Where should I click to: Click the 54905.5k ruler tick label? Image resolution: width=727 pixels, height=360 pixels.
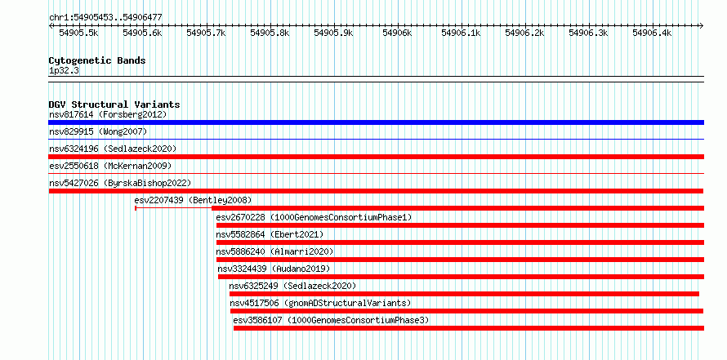pyautogui.click(x=78, y=33)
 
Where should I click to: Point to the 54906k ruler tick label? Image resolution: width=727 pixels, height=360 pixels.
pyautogui.click(x=397, y=33)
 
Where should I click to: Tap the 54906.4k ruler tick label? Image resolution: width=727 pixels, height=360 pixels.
pyautogui.click(x=652, y=33)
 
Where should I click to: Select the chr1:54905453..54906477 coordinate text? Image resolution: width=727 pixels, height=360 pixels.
pyautogui.click(x=105, y=17)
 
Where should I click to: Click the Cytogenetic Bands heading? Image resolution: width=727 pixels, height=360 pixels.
pyautogui.click(x=97, y=60)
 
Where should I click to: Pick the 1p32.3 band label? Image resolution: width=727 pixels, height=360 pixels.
pyautogui.click(x=64, y=71)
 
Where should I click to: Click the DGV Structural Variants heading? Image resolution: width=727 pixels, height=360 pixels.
pyautogui.click(x=114, y=104)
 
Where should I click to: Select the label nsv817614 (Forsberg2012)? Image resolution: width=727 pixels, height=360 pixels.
pyautogui.click(x=108, y=114)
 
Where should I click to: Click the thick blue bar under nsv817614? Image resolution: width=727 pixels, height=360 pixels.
pyautogui.click(x=376, y=122)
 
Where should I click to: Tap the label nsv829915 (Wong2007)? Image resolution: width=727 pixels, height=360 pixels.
pyautogui.click(x=98, y=131)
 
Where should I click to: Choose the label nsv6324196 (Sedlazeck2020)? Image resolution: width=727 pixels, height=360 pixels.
pyautogui.click(x=113, y=149)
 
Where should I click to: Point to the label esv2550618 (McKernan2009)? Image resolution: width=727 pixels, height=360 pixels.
pyautogui.click(x=110, y=166)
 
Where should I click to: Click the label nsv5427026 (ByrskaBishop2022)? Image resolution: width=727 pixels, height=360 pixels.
pyautogui.click(x=120, y=183)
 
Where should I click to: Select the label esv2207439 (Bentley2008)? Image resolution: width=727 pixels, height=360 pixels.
pyautogui.click(x=193, y=200)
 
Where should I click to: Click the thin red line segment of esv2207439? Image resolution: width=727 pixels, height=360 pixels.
pyautogui.click(x=173, y=208)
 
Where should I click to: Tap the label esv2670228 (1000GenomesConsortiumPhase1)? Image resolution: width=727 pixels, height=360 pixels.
pyautogui.click(x=314, y=217)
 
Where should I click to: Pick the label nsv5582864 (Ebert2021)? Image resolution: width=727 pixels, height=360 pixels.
pyautogui.click(x=270, y=234)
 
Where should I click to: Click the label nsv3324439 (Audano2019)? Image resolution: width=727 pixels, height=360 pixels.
pyautogui.click(x=274, y=269)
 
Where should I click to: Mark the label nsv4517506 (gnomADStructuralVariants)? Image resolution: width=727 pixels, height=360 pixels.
pyautogui.click(x=320, y=303)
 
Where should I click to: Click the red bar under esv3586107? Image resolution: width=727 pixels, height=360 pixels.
pyautogui.click(x=469, y=328)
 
